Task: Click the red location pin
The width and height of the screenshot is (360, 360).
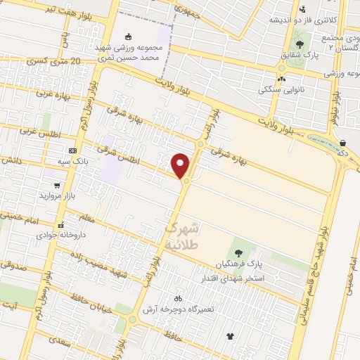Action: click(181, 165)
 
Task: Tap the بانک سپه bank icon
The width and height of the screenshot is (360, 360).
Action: click(73, 150)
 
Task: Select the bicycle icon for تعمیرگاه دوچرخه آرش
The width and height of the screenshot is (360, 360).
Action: click(178, 297)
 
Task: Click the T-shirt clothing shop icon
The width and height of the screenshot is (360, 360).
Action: click(229, 336)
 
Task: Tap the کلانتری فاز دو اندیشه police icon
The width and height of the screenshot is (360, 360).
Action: click(302, 10)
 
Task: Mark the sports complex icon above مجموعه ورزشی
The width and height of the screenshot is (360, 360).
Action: click(127, 37)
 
